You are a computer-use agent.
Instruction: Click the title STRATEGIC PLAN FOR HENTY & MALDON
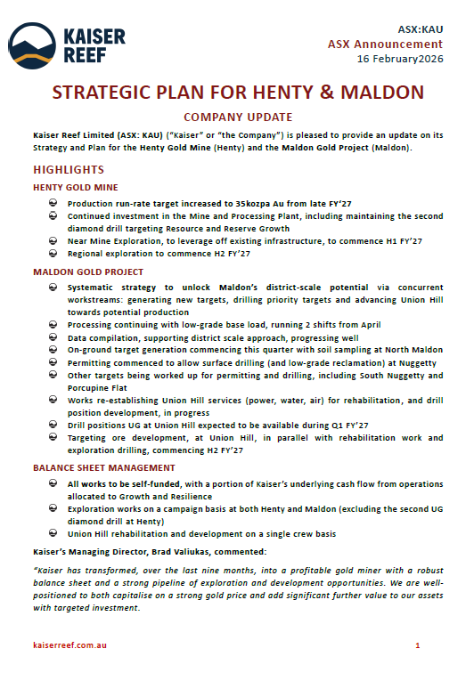(x=238, y=93)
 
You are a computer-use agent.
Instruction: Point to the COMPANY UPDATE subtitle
(x=237, y=117)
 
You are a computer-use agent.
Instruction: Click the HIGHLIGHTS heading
(x=69, y=169)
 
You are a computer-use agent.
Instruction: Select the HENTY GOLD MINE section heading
(x=75, y=188)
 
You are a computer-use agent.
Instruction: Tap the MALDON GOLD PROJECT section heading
(x=87, y=272)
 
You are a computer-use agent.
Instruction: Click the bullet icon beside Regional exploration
(x=54, y=254)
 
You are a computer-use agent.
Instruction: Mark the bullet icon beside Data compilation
(x=54, y=338)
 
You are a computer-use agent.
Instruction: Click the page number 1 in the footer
(x=418, y=643)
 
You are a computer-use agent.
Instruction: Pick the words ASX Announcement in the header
(x=385, y=44)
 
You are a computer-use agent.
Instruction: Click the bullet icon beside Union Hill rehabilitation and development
(x=54, y=534)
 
